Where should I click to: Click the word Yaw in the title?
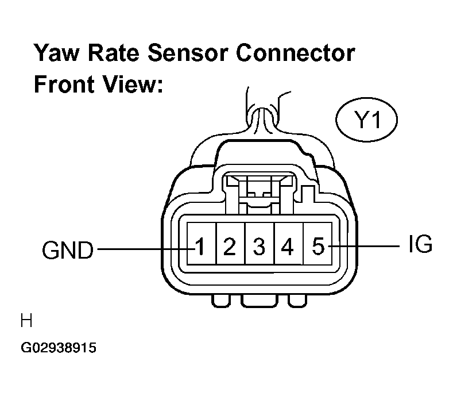click(56, 53)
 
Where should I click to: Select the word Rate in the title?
click(113, 53)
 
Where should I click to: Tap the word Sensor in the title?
click(188, 53)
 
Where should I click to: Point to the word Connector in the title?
click(295, 53)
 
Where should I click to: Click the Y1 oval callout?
click(367, 120)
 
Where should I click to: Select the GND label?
click(68, 250)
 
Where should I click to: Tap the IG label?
click(420, 244)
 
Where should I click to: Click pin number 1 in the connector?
click(200, 247)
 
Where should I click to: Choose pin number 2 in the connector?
click(230, 247)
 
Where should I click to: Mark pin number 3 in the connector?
click(259, 247)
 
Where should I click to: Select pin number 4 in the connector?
click(287, 247)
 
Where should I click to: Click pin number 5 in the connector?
click(319, 247)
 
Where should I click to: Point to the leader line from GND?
click(146, 249)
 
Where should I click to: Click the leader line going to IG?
click(364, 246)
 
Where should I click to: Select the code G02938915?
click(59, 347)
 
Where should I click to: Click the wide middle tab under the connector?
click(259, 301)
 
